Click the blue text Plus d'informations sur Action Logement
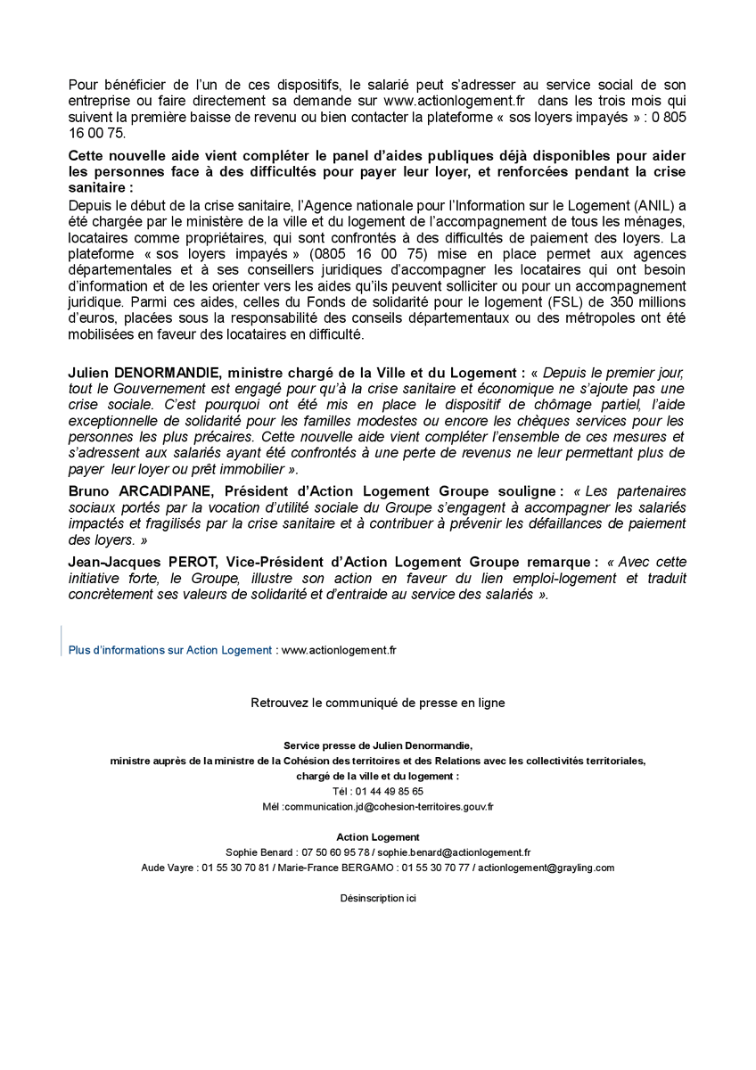pos(170,650)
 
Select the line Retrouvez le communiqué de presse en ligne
pos(378,703)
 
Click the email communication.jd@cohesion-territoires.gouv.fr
pos(389,806)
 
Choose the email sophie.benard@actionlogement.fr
pos(454,852)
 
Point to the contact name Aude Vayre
pos(167,868)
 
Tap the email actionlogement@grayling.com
pos(546,868)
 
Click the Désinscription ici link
pos(378,898)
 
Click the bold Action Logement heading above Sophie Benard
pos(378,837)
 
